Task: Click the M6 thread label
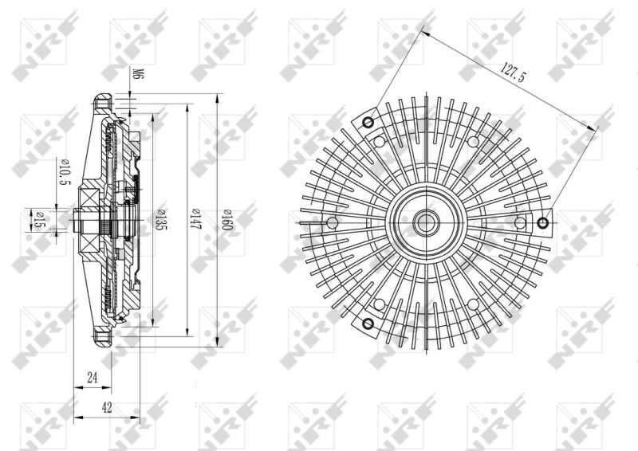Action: pyautogui.click(x=136, y=75)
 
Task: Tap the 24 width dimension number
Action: pyautogui.click(x=93, y=378)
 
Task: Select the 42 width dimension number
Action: pyautogui.click(x=106, y=407)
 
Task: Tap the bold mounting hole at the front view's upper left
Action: pyautogui.click(x=368, y=123)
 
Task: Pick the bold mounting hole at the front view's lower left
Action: pyautogui.click(x=368, y=324)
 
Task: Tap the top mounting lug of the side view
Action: pyautogui.click(x=101, y=104)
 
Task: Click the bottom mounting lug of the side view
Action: pyautogui.click(x=101, y=338)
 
